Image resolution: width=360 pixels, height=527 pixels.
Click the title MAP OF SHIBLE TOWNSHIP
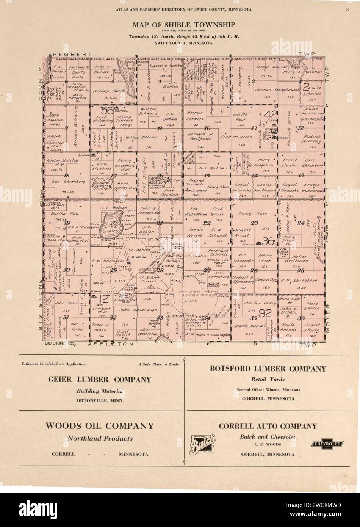pos(183,25)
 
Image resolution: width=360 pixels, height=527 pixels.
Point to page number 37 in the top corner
pos(347,9)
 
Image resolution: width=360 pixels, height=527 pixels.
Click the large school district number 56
pos(108,111)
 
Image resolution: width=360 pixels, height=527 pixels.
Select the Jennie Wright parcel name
pos(195,232)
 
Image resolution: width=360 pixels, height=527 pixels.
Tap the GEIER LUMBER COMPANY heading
pos(99,380)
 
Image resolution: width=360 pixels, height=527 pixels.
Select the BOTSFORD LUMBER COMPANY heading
pos(268,369)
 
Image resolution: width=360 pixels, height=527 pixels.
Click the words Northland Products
pos(100,439)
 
